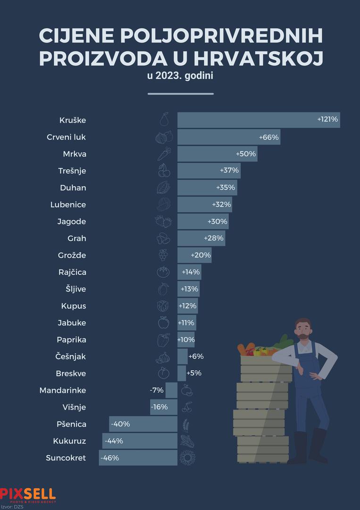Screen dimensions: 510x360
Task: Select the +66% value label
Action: (x=269, y=137)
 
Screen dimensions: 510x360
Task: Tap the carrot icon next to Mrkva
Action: (x=164, y=154)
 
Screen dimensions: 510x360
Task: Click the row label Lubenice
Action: (x=68, y=205)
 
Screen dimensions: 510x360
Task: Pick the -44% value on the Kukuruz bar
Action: (x=113, y=441)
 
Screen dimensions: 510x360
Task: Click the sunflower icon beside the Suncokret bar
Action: (x=187, y=458)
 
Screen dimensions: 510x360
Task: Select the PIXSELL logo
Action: (x=27, y=494)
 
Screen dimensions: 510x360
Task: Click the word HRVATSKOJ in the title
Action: (x=259, y=59)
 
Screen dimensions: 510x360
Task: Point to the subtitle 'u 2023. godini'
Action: (x=180, y=76)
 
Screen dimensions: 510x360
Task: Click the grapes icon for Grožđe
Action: (x=163, y=255)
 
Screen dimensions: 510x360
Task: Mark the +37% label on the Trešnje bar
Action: (x=229, y=170)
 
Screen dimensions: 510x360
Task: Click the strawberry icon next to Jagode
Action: (x=163, y=221)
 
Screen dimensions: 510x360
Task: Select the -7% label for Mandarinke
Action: (x=157, y=390)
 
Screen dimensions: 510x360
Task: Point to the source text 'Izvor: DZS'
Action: (x=12, y=507)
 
